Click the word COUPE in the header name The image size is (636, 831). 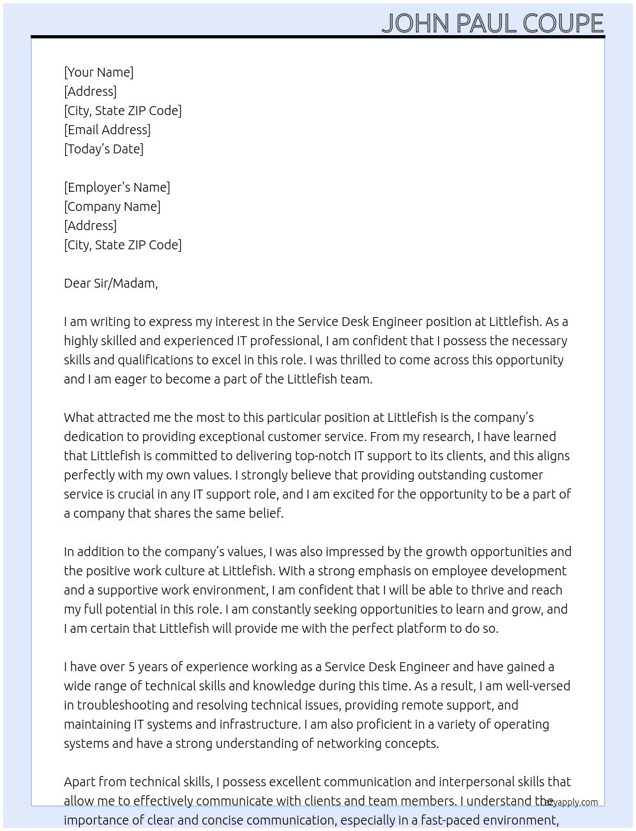click(563, 23)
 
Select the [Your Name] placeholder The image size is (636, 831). click(98, 72)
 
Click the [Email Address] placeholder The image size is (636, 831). click(107, 130)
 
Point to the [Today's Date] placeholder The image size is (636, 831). click(103, 149)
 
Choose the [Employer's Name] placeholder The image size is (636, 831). click(117, 187)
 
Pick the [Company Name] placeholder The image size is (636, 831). click(112, 206)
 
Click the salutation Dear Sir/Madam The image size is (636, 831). click(110, 283)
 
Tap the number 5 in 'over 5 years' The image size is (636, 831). click(132, 667)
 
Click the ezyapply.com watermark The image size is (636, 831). click(572, 802)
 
